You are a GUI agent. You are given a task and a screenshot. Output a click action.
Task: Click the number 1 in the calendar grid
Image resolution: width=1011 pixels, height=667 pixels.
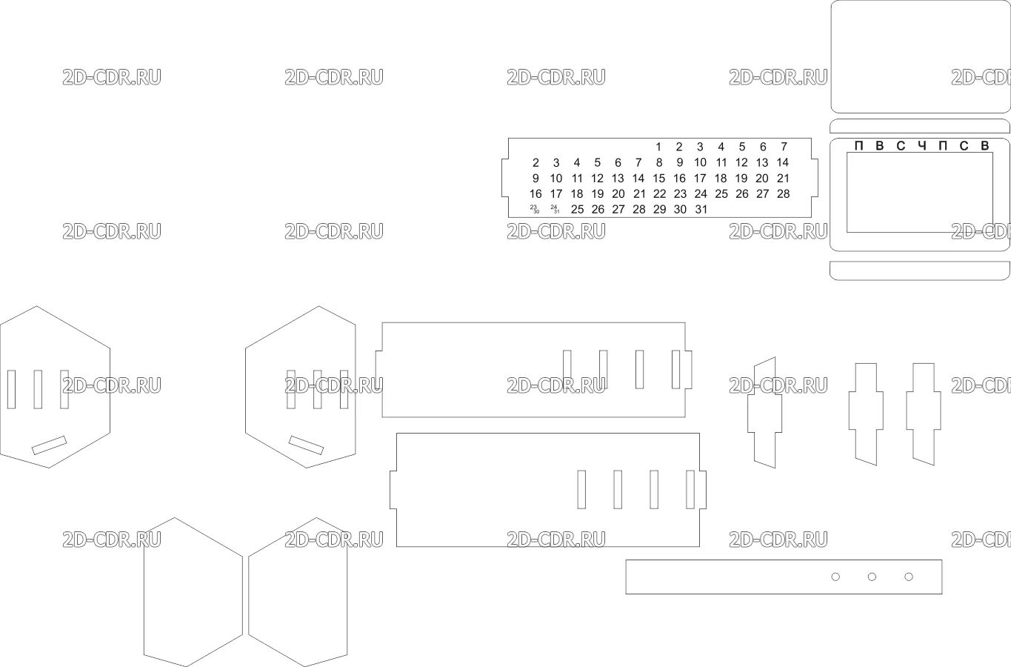click(x=658, y=147)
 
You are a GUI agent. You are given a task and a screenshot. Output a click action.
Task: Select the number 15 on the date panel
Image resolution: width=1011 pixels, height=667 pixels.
click(x=658, y=178)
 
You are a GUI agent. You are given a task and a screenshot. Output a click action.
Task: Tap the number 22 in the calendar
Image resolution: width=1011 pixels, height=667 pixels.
click(x=658, y=193)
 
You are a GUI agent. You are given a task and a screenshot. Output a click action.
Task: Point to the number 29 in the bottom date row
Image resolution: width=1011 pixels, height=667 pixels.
click(x=658, y=209)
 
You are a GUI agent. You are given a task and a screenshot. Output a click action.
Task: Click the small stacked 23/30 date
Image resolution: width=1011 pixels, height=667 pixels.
click(x=535, y=209)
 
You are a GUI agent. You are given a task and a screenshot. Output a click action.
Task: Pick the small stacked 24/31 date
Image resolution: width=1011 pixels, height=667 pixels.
click(x=555, y=209)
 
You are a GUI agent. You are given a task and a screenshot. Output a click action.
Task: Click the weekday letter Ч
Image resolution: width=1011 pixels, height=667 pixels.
click(x=921, y=145)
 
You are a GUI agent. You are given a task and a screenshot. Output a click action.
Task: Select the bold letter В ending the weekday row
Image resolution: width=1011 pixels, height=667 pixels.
click(x=984, y=145)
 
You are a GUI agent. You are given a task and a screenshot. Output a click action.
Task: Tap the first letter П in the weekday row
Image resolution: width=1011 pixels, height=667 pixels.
click(x=858, y=145)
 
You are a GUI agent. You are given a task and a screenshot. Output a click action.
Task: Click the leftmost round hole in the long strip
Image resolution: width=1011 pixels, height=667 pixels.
click(x=835, y=577)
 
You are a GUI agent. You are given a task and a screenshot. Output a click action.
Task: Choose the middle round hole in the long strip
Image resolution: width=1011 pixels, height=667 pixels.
click(x=872, y=577)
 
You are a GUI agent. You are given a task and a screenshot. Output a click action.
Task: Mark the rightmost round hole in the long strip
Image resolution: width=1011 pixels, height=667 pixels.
click(x=908, y=577)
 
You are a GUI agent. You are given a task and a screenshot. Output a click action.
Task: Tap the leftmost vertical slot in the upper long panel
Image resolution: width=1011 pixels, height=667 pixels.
click(x=567, y=369)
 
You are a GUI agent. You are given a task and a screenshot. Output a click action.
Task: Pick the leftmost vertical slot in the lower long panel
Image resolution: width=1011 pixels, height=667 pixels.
click(x=581, y=489)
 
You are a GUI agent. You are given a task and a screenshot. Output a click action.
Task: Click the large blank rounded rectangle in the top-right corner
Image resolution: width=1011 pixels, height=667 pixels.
click(x=920, y=56)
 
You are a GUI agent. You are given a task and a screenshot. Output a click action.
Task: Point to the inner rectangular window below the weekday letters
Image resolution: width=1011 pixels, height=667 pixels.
click(x=919, y=196)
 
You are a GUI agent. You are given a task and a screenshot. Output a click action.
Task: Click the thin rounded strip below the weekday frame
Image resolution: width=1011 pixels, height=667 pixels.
click(x=920, y=271)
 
